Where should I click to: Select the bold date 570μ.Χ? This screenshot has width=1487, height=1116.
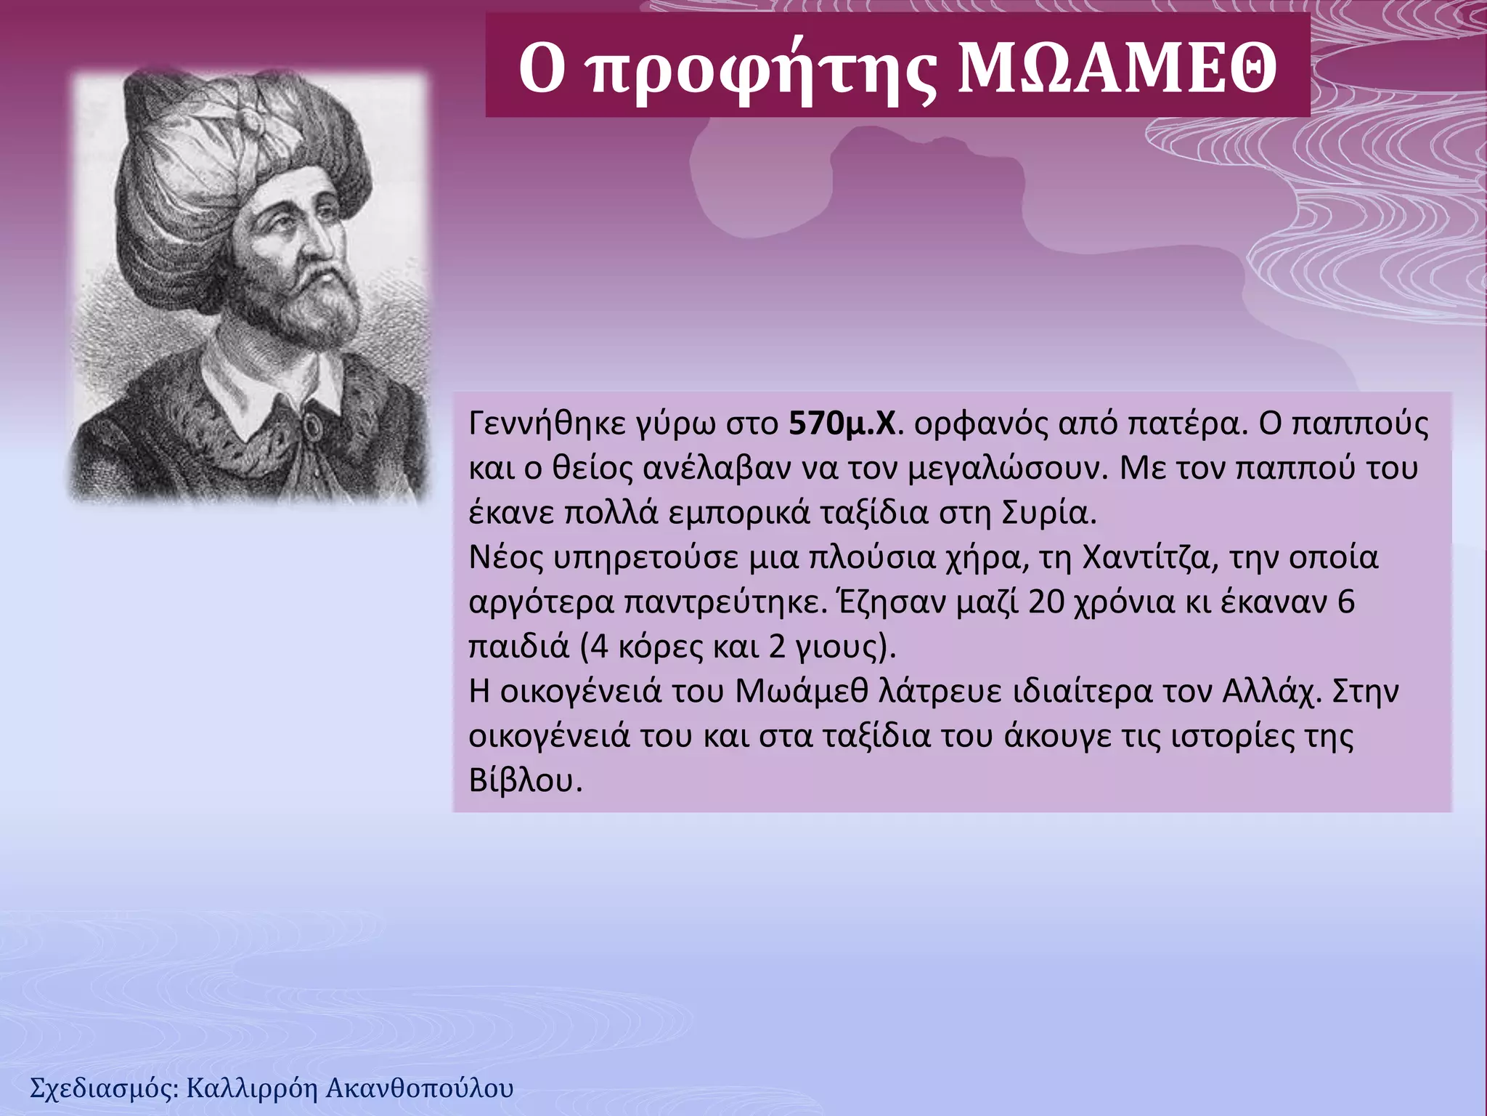(843, 424)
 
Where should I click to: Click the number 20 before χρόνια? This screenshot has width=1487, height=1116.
(1046, 602)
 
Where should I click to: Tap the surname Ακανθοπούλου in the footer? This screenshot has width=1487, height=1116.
(420, 1088)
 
